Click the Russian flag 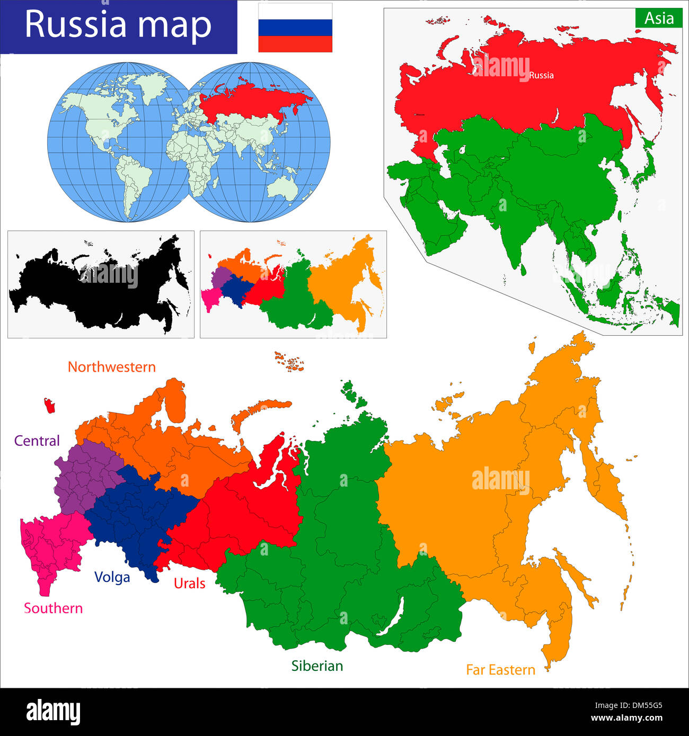pyautogui.click(x=295, y=28)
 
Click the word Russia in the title pyautogui.click(x=76, y=24)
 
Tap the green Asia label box pyautogui.click(x=659, y=19)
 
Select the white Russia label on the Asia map pyautogui.click(x=541, y=75)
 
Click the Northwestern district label pyautogui.click(x=111, y=367)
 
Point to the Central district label pyautogui.click(x=37, y=441)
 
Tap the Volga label pyautogui.click(x=112, y=577)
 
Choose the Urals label pyautogui.click(x=189, y=584)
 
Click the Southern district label pyautogui.click(x=53, y=608)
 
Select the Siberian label pyautogui.click(x=317, y=666)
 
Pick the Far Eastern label pyautogui.click(x=500, y=670)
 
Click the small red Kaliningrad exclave pyautogui.click(x=50, y=406)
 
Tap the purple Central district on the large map pyautogui.click(x=85, y=474)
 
